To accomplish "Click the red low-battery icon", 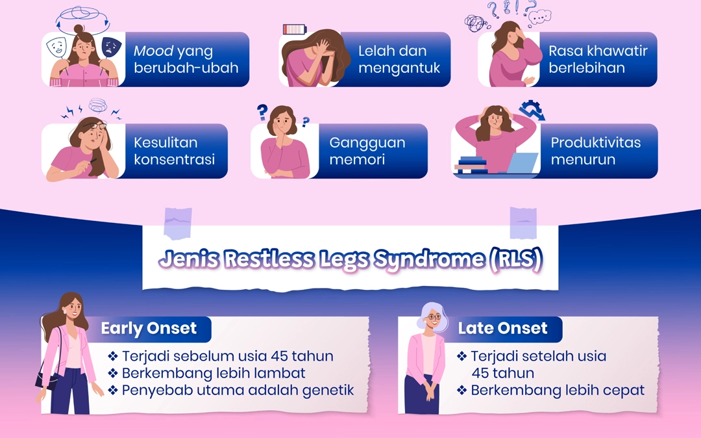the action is [x=295, y=29].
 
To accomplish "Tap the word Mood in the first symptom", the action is [x=153, y=51].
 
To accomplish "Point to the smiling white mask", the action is [x=56, y=47].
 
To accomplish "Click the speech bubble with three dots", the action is [x=539, y=17].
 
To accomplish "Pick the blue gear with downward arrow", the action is [x=532, y=110].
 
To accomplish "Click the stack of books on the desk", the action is [x=471, y=164].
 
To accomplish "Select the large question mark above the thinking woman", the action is [x=262, y=112].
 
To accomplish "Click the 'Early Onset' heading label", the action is [x=149, y=328].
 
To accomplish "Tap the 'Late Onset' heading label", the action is [x=502, y=328].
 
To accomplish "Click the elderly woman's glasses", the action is [x=434, y=316].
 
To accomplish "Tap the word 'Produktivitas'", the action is [x=595, y=143].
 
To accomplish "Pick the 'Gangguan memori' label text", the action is [x=367, y=151].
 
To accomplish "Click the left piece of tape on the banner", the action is [x=178, y=224].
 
